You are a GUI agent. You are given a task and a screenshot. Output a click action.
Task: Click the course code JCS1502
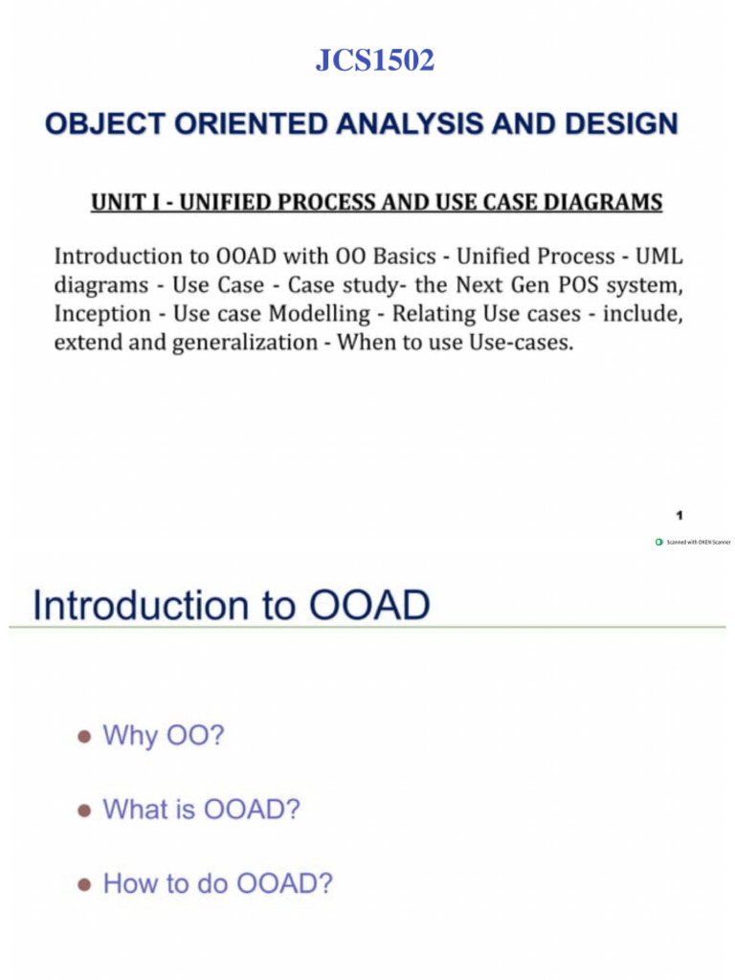pyautogui.click(x=374, y=61)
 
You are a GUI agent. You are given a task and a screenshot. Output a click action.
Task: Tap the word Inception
pyautogui.click(x=102, y=314)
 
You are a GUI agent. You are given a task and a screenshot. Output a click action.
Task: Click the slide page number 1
pyautogui.click(x=678, y=514)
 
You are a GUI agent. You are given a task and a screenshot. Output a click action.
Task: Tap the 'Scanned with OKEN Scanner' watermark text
pyautogui.click(x=699, y=542)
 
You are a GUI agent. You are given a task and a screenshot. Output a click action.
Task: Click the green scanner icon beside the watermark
pyautogui.click(x=658, y=542)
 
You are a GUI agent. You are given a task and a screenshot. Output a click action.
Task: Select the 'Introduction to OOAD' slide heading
pyautogui.click(x=231, y=606)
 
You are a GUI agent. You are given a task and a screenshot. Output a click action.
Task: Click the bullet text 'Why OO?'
pyautogui.click(x=163, y=736)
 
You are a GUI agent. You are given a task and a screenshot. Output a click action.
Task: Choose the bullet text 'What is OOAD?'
pyautogui.click(x=201, y=810)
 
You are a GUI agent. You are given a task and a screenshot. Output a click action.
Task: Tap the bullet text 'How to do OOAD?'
pyautogui.click(x=217, y=882)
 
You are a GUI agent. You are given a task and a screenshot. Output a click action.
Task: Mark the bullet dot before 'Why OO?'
pyautogui.click(x=84, y=737)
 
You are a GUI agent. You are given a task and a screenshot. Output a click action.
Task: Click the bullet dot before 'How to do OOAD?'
pyautogui.click(x=84, y=883)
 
